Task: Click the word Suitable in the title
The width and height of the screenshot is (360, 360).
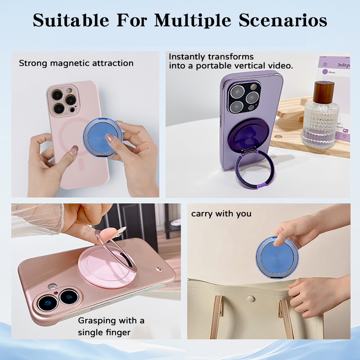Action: [x=71, y=20]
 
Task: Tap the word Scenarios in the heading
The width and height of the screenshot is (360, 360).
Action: [x=283, y=20]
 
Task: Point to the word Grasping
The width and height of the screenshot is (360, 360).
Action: [x=96, y=321]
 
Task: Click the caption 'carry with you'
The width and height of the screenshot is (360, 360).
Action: [x=221, y=214]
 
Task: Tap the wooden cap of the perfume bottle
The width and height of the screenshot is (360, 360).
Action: [x=323, y=92]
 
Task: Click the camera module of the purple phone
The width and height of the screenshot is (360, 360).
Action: [x=244, y=97]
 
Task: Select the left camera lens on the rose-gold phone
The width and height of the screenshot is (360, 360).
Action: [x=48, y=303]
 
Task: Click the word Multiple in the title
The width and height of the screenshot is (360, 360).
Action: [x=192, y=20]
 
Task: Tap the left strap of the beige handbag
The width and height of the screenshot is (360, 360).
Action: [x=217, y=317]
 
